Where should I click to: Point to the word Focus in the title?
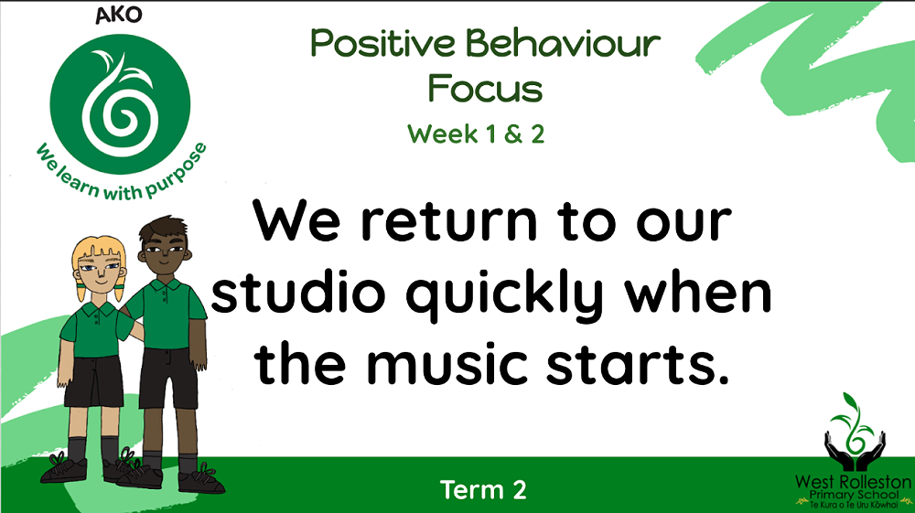pos(485,89)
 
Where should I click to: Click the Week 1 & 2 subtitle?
pos(476,134)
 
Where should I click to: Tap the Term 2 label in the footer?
pos(483,490)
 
